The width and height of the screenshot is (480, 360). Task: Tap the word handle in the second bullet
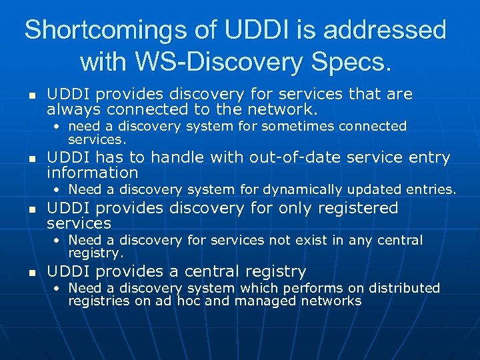(181, 158)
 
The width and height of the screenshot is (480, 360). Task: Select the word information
(92, 173)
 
